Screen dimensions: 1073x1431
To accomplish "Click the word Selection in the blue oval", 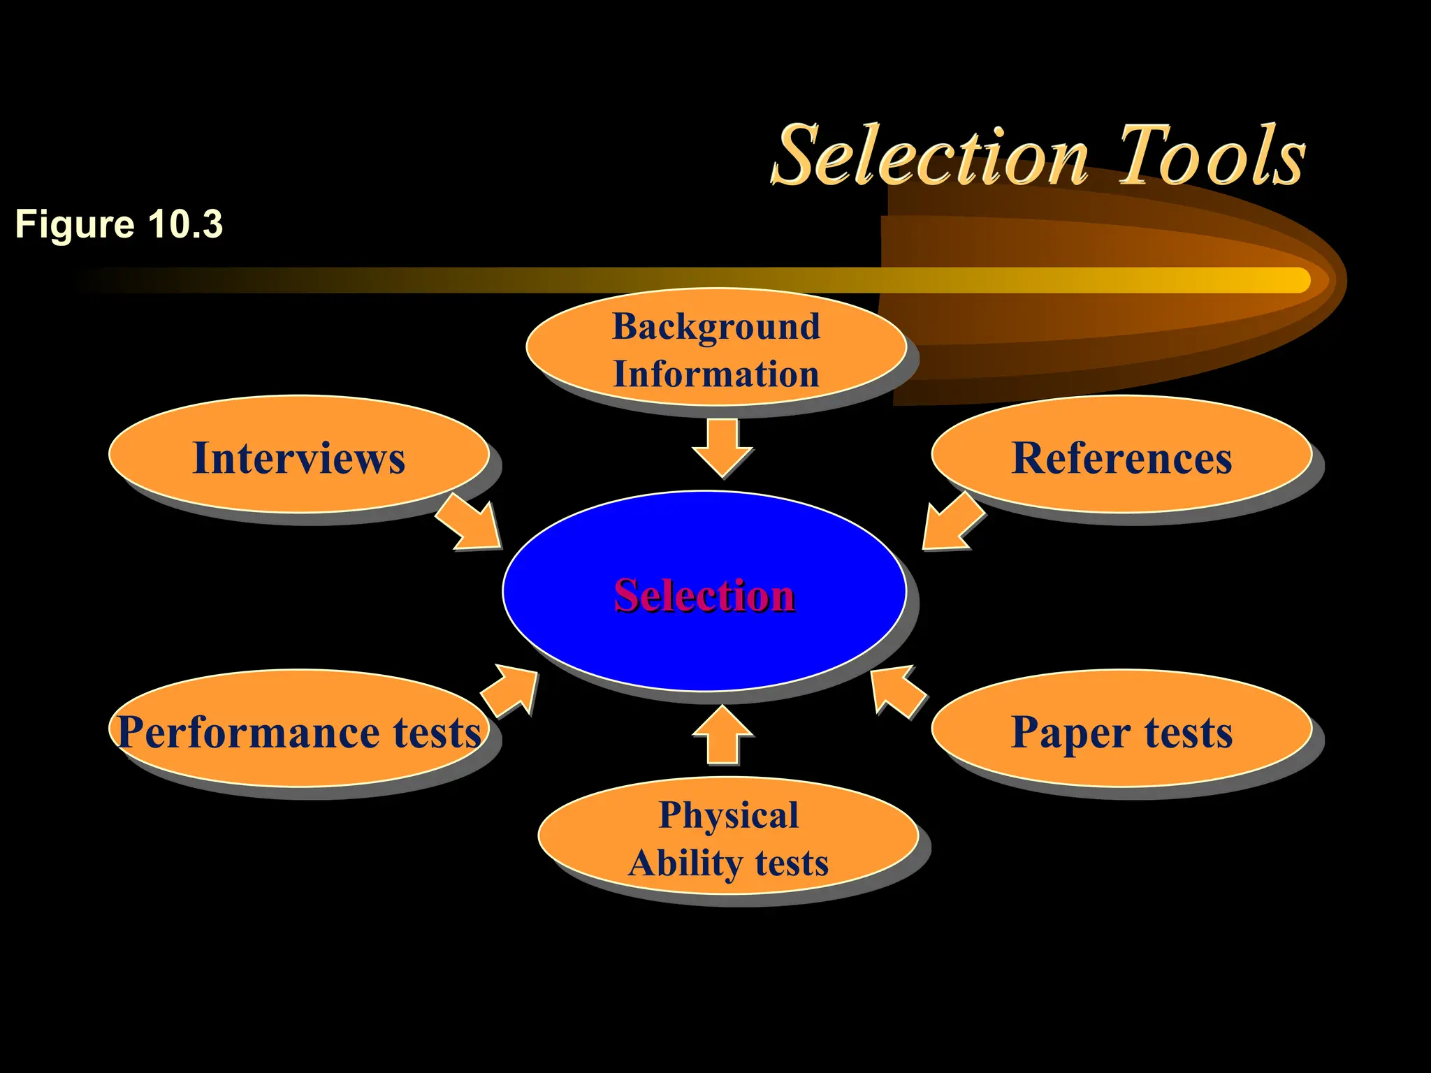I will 704,595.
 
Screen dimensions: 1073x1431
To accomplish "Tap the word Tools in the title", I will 1212,156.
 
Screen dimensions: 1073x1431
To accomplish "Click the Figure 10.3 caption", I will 119,224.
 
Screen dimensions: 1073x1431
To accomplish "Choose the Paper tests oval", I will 1121,731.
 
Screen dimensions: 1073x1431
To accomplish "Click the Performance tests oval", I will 298,731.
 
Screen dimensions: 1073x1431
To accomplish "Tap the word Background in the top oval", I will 716,326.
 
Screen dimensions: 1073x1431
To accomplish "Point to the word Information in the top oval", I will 716,374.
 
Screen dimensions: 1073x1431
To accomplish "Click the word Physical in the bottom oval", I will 728,815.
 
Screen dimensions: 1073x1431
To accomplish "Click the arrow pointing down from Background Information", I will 722,448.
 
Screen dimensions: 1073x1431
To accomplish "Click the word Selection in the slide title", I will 929,156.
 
